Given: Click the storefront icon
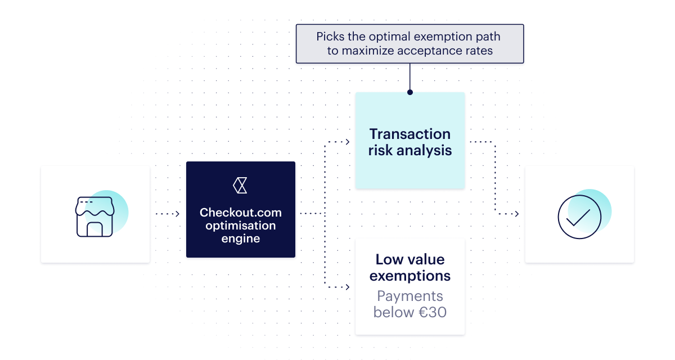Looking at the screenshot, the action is tap(94, 217).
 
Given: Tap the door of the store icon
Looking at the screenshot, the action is tap(94, 229).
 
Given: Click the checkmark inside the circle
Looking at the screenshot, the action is tap(578, 218).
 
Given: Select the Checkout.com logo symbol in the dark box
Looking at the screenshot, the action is tap(240, 185).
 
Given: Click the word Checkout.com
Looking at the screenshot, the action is tap(241, 213).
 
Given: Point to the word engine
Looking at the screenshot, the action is tap(241, 239).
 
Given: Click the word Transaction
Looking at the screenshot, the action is tap(410, 134).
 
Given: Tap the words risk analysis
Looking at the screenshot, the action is tap(410, 150).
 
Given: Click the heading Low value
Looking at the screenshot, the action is tap(410, 259).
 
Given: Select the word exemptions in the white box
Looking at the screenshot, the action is tap(410, 276).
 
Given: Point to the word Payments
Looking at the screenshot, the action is tap(410, 296).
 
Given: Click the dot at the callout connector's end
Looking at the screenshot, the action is tap(410, 92).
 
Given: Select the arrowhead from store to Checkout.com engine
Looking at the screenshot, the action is tap(178, 214).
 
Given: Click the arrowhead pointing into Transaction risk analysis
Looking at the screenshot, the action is tap(348, 142).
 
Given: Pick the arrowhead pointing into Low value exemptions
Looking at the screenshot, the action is tap(348, 287).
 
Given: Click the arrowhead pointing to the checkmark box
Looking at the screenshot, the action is tap(517, 214).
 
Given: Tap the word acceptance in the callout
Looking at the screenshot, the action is tap(430, 51).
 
